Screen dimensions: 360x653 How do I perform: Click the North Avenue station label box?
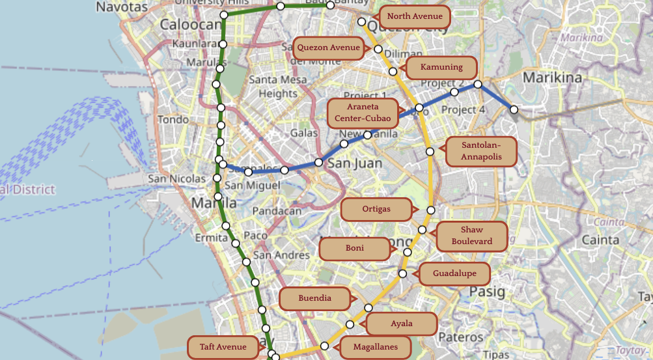click(x=414, y=16)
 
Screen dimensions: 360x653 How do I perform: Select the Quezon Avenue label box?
click(x=329, y=48)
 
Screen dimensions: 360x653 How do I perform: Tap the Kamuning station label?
click(x=441, y=68)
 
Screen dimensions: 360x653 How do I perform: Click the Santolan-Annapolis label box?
click(x=480, y=151)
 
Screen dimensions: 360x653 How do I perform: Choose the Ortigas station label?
click(x=377, y=210)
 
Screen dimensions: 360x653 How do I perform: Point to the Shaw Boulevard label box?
click(x=471, y=236)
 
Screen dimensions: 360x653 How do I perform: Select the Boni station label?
click(x=355, y=249)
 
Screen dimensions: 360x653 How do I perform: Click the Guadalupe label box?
click(x=454, y=274)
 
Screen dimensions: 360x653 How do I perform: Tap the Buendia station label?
click(x=315, y=299)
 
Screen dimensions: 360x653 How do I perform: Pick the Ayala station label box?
click(x=401, y=324)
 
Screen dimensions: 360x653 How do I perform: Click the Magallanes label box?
click(x=375, y=348)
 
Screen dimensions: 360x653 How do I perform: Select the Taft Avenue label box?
click(x=223, y=348)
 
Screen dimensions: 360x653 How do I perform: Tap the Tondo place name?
click(x=173, y=120)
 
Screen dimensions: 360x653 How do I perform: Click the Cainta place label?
click(x=600, y=240)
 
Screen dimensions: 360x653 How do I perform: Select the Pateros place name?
click(x=460, y=337)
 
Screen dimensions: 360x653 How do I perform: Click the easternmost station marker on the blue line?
click(x=514, y=110)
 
